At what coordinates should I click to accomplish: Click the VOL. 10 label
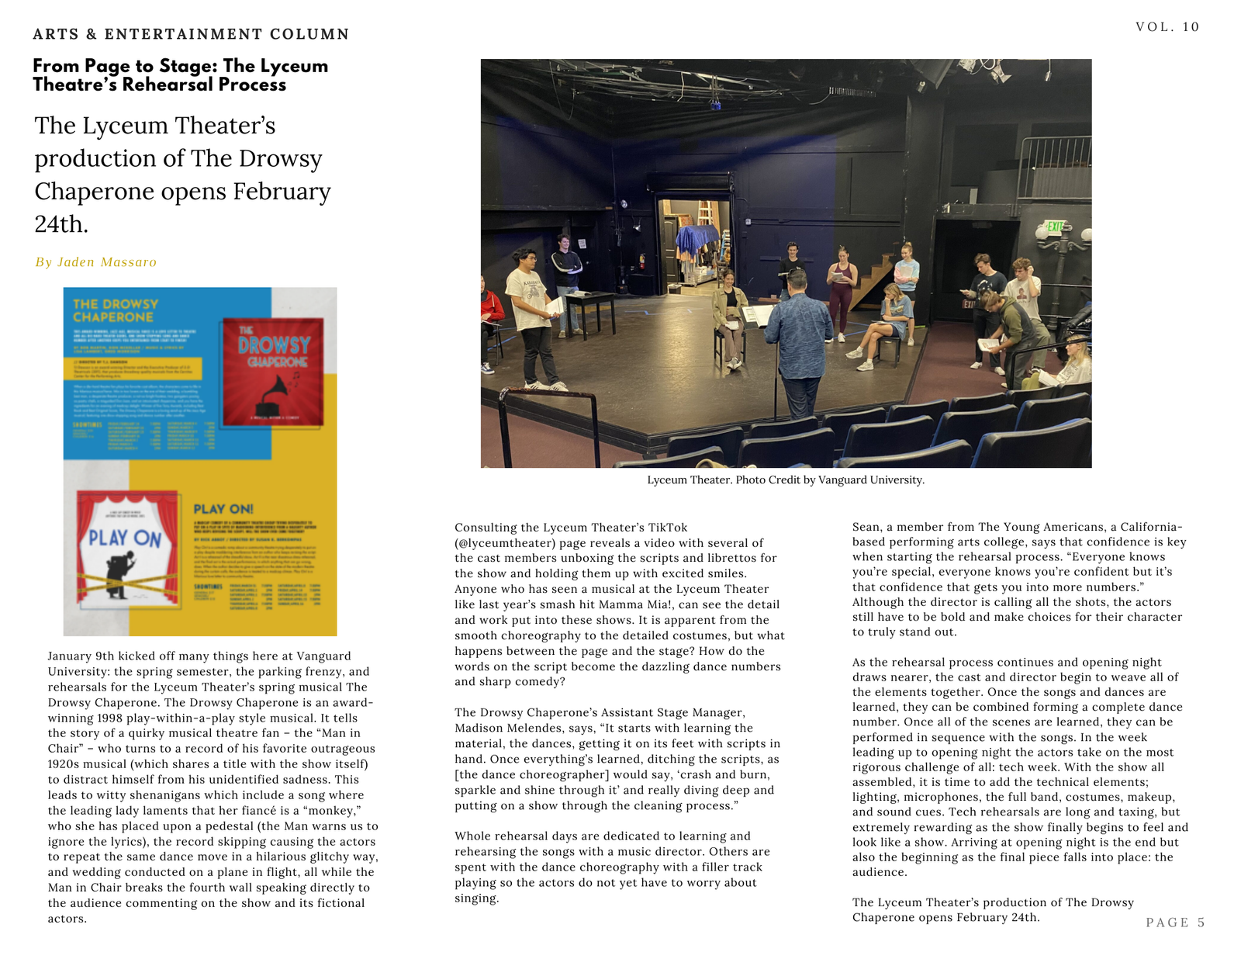point(1167,27)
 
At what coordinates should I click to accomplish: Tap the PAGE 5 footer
point(1175,923)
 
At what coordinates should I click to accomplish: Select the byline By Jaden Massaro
point(96,262)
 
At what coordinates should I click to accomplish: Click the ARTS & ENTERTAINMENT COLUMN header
point(191,34)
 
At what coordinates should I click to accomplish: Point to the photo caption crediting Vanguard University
point(786,480)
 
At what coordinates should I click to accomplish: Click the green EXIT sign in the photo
point(1055,227)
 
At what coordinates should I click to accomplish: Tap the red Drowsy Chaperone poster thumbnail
point(273,372)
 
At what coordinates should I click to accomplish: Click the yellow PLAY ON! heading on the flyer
point(223,509)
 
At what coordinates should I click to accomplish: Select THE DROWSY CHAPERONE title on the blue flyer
point(116,310)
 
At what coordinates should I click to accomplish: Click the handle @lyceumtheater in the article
point(505,543)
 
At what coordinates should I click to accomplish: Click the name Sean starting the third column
point(866,527)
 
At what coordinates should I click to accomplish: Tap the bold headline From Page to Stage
point(180,75)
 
